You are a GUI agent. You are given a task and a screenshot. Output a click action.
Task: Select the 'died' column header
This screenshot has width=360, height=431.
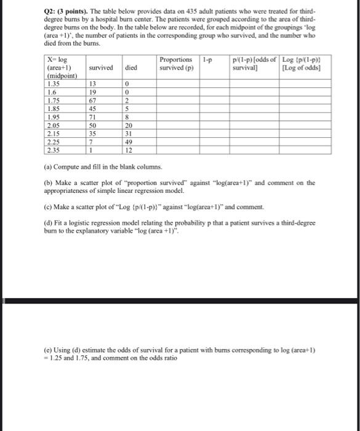(x=131, y=67)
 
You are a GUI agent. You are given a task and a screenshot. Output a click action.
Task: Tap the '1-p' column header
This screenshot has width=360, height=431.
(x=207, y=60)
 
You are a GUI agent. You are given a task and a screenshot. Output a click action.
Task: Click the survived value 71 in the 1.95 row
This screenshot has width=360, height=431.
(x=94, y=117)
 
